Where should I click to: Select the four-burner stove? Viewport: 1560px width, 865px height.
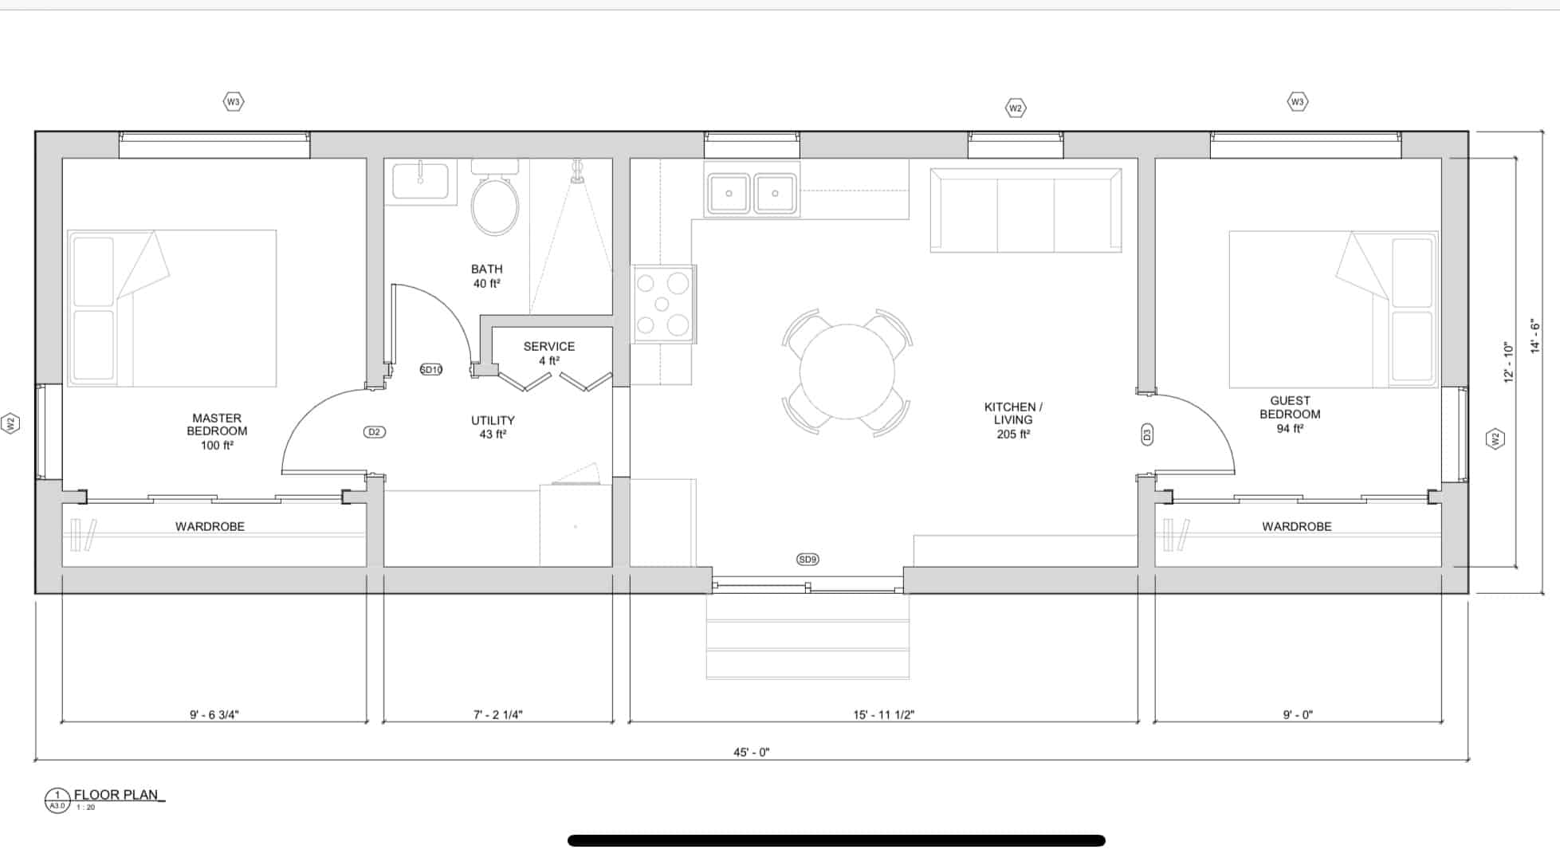coord(662,304)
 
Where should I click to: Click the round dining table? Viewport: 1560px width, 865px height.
coord(847,372)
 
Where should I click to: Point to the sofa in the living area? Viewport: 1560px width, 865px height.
coord(1026,210)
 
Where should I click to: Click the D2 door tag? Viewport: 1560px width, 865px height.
coord(375,432)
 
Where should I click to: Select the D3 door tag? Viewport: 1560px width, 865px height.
coord(1147,434)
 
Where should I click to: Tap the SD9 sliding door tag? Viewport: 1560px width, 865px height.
coord(808,560)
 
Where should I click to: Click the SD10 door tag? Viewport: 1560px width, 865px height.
coord(431,369)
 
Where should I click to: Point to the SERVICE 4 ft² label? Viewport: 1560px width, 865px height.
coord(549,353)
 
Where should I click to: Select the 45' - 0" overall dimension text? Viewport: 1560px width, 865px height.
coord(752,752)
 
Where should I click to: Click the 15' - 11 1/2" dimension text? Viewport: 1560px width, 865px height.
coord(884,715)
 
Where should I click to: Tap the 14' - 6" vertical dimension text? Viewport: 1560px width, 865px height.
coord(1534,336)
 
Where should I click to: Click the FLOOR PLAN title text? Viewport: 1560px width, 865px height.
coord(117,795)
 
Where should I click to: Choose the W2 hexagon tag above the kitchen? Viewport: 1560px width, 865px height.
coord(1015,108)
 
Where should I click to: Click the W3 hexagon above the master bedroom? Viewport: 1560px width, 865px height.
coord(233,101)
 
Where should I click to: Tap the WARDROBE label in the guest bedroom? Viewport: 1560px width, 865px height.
coord(1297,527)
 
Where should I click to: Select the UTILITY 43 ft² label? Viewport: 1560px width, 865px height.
coord(493,427)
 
